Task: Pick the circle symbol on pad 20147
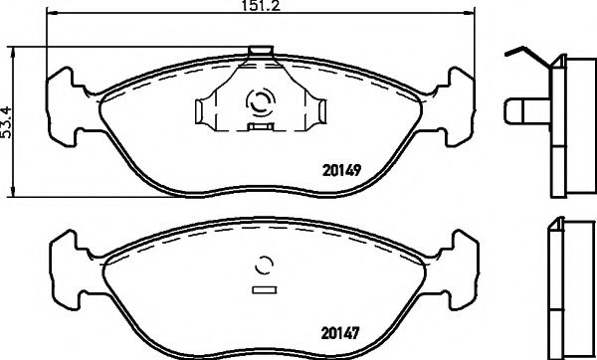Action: point(264,265)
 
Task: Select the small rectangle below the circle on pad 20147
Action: point(264,290)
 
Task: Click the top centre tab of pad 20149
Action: point(261,51)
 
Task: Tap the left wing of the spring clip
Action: point(212,106)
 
